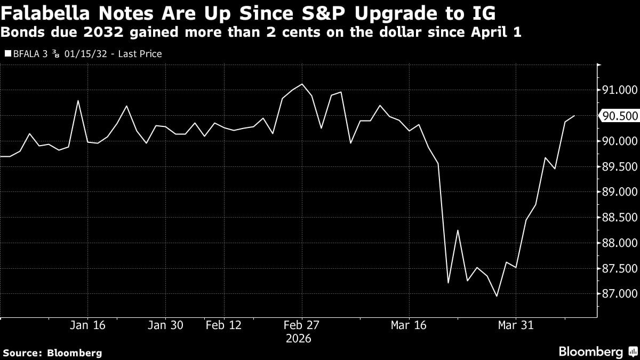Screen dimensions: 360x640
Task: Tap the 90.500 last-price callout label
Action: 618,116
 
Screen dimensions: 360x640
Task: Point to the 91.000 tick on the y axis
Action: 619,90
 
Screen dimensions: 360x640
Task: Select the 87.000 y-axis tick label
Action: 619,294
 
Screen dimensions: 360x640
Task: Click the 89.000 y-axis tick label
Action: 619,192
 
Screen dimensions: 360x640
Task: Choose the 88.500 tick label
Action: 619,218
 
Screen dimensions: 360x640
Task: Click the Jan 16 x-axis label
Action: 88,325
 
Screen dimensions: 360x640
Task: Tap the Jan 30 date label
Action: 165,325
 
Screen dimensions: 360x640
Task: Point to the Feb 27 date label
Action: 302,325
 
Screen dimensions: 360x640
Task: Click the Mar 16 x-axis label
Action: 409,325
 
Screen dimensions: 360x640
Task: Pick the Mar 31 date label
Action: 516,325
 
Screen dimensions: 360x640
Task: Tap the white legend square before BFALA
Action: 7,54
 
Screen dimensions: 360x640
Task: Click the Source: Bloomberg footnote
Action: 52,353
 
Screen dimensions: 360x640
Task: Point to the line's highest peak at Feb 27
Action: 302,84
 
